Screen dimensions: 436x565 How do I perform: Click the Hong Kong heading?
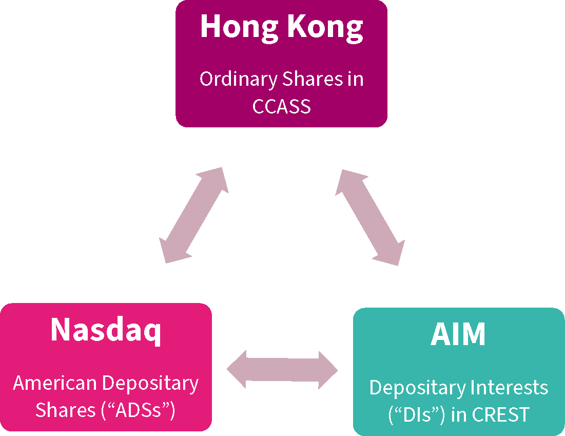[281, 27]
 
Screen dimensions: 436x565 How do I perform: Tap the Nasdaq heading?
[106, 331]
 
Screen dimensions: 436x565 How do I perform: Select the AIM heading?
[458, 335]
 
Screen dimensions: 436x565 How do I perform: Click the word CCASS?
[281, 106]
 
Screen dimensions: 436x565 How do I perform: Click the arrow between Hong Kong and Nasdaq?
[194, 215]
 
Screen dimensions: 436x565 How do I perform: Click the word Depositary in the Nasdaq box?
[150, 383]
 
